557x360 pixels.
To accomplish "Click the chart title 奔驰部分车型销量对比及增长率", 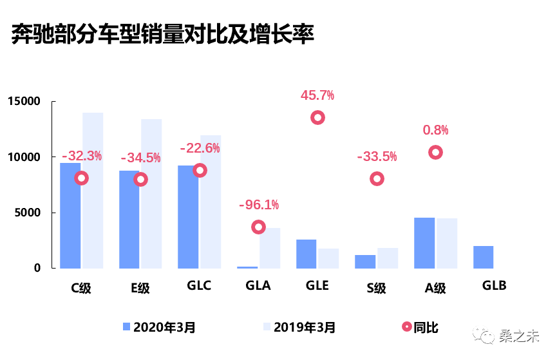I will point(162,35).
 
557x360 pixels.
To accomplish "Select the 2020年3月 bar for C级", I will point(70,215).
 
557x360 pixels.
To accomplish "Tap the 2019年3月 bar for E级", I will point(151,193).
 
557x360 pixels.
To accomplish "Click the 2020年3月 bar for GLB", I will point(483,256).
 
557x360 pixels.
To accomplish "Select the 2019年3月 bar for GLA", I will point(270,248).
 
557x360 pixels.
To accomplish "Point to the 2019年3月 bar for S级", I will point(388,258).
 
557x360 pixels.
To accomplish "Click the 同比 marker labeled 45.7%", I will point(317,117).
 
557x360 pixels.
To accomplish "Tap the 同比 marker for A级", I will point(435,153).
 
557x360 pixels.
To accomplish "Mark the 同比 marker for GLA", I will point(259,227).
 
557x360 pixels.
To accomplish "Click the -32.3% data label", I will point(82,156).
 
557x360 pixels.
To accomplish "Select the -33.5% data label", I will point(377,156).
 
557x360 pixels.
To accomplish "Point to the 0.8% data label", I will point(435,130).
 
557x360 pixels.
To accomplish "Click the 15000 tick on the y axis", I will point(24,102).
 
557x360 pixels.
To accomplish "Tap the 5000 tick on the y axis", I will point(27,213).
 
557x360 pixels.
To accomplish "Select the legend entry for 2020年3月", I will point(158,327).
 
